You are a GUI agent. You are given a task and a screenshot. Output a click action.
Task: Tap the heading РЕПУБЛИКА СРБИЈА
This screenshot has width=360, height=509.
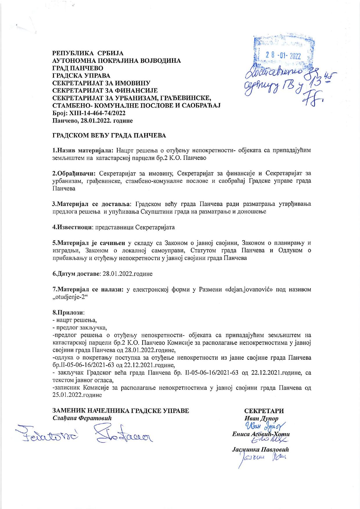(x=88, y=53)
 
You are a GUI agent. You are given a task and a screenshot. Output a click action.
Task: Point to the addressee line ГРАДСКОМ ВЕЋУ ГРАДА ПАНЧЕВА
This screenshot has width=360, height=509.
(x=109, y=136)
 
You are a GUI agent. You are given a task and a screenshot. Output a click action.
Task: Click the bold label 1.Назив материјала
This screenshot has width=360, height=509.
(x=82, y=150)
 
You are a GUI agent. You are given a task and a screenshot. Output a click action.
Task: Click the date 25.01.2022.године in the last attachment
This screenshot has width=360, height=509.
(x=77, y=395)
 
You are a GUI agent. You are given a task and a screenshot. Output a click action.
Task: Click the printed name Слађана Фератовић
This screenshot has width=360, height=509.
(x=82, y=418)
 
